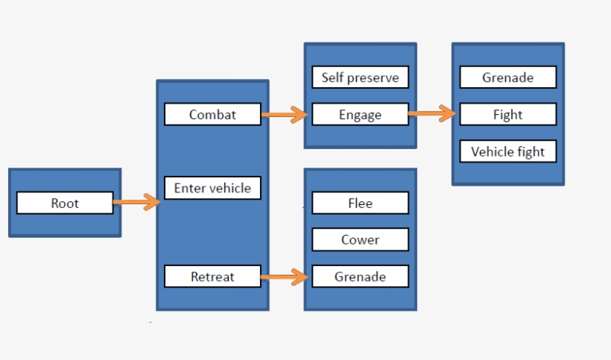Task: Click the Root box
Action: (65, 203)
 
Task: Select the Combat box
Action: (212, 114)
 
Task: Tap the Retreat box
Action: (212, 277)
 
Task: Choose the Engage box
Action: (360, 115)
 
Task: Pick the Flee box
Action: (360, 203)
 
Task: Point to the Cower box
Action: (360, 240)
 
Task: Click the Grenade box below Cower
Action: (360, 277)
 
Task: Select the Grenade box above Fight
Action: (507, 78)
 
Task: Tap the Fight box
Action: (507, 115)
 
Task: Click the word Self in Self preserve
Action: (334, 78)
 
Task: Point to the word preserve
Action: (374, 78)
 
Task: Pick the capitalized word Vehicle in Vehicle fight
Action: (493, 152)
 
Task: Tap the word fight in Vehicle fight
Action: (532, 152)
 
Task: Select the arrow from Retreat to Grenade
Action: (284, 277)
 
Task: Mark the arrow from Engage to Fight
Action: (431, 114)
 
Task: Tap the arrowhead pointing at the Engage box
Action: (300, 114)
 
